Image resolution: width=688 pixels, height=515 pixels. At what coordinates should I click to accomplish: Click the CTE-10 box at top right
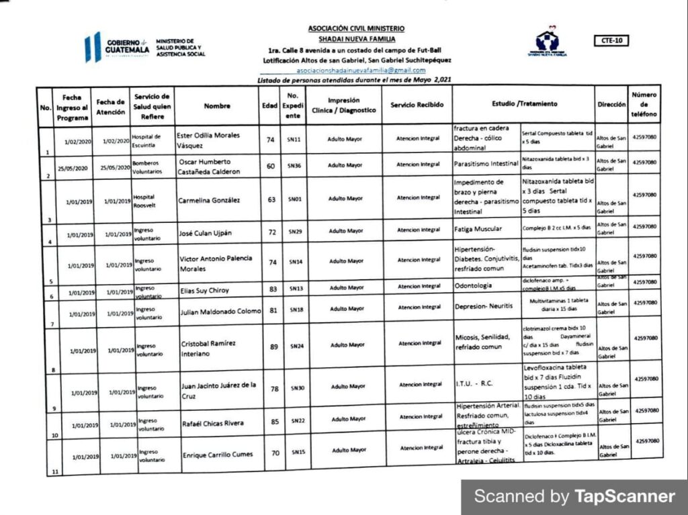tap(611, 41)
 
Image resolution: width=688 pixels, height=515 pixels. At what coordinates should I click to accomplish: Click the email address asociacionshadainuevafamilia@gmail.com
tap(361, 71)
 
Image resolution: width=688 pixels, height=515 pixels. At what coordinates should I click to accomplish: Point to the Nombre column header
tap(216, 106)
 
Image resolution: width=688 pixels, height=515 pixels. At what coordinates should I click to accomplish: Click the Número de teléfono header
tap(644, 105)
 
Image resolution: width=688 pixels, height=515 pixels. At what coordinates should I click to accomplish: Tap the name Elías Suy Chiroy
tap(204, 291)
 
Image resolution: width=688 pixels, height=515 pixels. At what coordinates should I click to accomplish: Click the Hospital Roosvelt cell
tap(145, 201)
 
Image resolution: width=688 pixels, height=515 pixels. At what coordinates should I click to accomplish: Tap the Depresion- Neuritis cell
tap(484, 306)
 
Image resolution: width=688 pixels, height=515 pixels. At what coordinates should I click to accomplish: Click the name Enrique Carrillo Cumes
tap(218, 455)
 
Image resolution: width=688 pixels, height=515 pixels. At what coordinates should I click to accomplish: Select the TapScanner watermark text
tap(574, 497)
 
